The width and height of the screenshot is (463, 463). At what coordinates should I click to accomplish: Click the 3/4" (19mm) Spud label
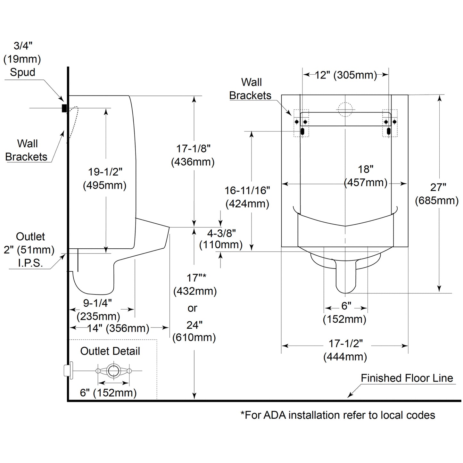click(22, 59)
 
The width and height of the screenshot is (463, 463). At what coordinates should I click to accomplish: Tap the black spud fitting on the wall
click(64, 108)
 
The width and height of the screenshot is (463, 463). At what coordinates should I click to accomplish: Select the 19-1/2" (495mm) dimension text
click(105, 178)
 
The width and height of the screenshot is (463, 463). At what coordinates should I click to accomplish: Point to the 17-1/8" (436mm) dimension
click(193, 155)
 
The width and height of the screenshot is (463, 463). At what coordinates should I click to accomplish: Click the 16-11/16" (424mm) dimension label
click(247, 197)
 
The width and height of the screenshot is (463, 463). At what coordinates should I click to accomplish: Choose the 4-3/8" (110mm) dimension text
click(221, 239)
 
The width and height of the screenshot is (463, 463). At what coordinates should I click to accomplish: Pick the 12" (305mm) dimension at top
click(346, 75)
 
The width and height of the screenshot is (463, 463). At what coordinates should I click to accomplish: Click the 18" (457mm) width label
click(366, 176)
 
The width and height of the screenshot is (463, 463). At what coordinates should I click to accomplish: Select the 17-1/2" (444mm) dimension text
click(345, 350)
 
